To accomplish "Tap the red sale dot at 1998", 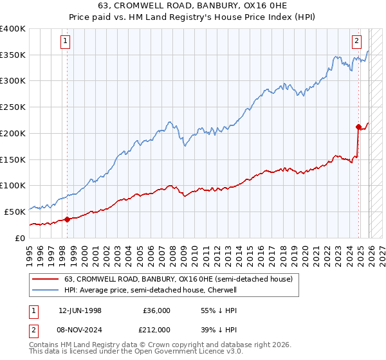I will (x=67, y=219).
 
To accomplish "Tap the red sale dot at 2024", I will (x=358, y=127).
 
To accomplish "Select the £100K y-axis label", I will (x=13, y=185).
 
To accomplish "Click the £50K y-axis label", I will (x=15, y=212).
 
